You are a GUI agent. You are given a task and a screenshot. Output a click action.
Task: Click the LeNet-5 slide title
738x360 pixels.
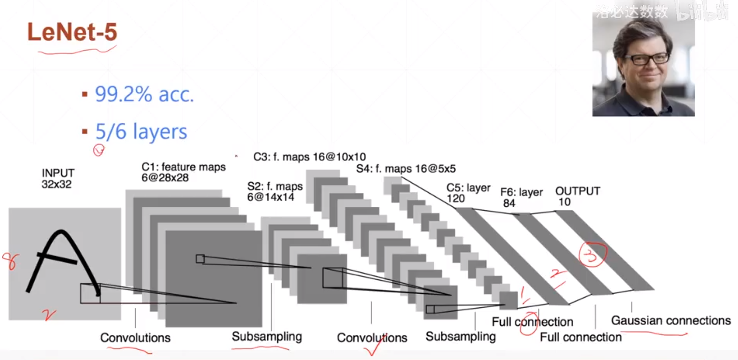point(72,32)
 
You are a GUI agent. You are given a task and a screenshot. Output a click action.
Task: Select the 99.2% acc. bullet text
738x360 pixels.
point(144,95)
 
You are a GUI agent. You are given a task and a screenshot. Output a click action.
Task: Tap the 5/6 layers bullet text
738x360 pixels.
point(141,131)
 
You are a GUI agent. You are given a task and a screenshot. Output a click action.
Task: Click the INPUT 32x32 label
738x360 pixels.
point(57,178)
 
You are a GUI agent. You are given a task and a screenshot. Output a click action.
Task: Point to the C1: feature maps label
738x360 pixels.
point(183,172)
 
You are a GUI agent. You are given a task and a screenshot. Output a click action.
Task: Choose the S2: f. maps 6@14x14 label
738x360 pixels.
point(274,192)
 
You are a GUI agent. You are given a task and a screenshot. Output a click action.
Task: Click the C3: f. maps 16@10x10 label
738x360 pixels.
point(309,157)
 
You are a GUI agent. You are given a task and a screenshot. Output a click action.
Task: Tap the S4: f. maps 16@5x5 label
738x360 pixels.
point(405,169)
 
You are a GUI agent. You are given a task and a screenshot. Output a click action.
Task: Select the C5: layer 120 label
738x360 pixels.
point(468,193)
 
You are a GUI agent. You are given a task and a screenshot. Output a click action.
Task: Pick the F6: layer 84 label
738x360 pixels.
point(521,198)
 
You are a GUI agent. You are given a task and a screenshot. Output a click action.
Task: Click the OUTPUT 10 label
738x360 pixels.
point(577,196)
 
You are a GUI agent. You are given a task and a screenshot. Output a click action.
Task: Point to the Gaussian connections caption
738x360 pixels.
point(671,320)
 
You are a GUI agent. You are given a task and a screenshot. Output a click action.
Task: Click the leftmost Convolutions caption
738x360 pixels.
point(135,338)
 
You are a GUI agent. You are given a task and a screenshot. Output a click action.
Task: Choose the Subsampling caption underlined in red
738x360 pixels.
point(266,336)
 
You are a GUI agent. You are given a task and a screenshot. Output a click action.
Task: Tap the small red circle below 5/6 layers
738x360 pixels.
point(99,150)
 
